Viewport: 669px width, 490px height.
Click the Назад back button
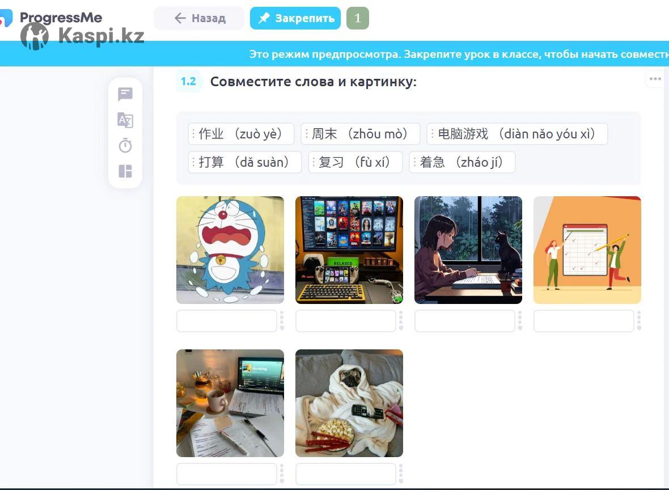tap(199, 18)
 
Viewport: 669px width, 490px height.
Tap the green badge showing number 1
tap(358, 18)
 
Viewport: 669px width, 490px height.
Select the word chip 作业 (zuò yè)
tap(241, 134)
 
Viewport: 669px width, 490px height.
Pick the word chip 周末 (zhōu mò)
tap(360, 134)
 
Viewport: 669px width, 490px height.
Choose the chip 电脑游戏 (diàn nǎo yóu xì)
tap(517, 134)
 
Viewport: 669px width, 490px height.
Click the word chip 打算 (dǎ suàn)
tap(245, 162)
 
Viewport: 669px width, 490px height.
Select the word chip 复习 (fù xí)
tap(355, 162)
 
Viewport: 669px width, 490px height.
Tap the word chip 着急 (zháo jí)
tap(462, 162)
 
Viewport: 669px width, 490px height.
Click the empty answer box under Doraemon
tap(227, 321)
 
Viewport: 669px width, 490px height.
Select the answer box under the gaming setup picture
tap(346, 321)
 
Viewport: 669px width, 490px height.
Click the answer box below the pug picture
tap(346, 474)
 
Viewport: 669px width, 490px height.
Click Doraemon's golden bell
tap(221, 259)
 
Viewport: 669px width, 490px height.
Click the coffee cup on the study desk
tap(217, 400)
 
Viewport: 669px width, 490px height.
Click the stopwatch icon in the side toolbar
tap(125, 146)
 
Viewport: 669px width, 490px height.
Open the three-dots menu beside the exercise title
tap(655, 79)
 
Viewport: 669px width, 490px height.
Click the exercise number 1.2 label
tap(189, 81)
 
